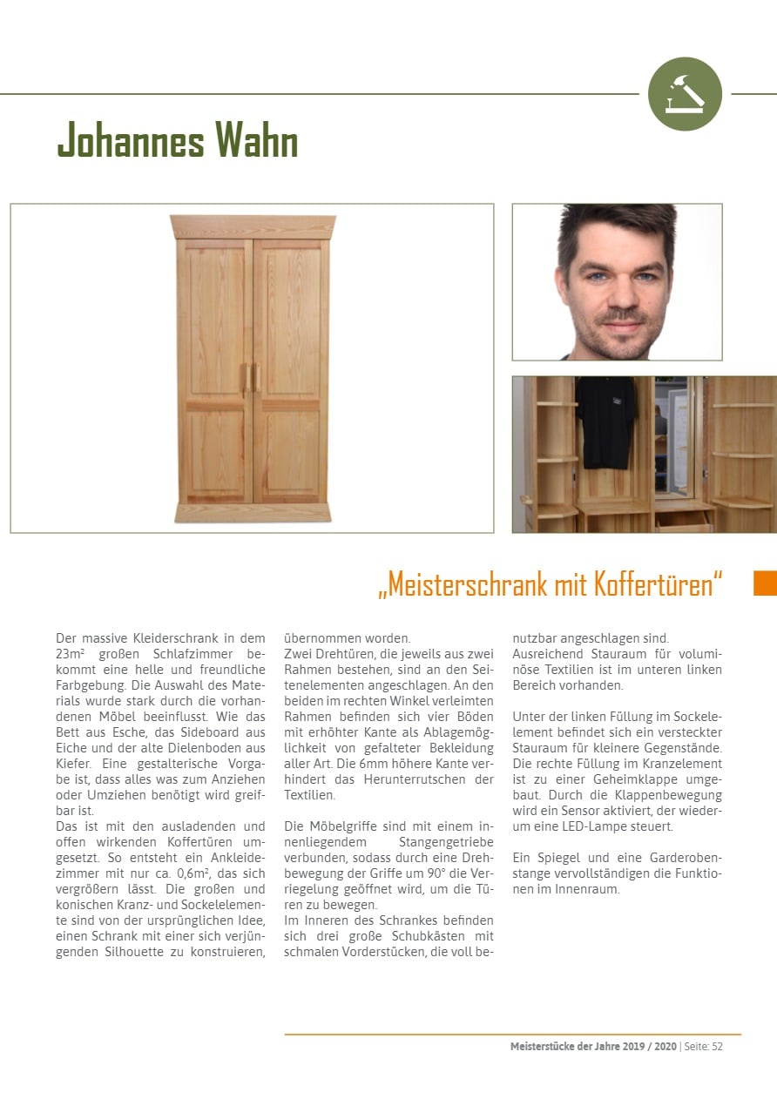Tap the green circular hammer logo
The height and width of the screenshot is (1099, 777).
point(685,94)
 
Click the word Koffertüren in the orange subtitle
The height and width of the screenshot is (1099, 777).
point(659,584)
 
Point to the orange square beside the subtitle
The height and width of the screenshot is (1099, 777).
point(764,583)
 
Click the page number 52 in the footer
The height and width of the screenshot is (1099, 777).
point(716,1047)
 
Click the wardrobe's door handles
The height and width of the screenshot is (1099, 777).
point(253,376)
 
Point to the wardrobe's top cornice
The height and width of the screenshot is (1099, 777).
point(253,226)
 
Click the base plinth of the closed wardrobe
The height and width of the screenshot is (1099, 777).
point(253,512)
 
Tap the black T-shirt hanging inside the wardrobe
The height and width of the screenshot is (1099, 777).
point(606,421)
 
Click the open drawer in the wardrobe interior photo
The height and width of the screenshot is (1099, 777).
point(683,520)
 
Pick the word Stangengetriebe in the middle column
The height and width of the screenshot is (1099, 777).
point(446,841)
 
